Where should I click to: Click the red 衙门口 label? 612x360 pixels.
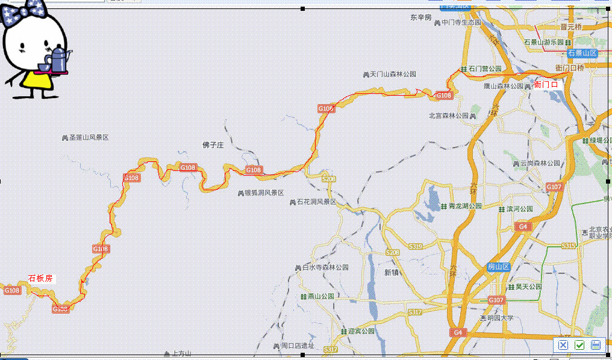(x=546, y=85)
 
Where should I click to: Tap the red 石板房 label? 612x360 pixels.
(x=41, y=278)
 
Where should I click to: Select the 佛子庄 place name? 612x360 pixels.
(x=213, y=145)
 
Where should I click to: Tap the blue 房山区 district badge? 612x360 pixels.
(x=499, y=266)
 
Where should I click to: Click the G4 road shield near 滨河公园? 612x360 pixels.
(x=523, y=226)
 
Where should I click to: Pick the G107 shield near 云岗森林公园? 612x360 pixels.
(x=554, y=187)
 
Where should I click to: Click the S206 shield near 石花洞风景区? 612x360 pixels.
(x=328, y=179)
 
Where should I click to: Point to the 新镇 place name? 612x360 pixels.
(x=392, y=272)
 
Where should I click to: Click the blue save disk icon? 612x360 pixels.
(x=596, y=345)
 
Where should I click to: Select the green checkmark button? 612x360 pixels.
(x=579, y=345)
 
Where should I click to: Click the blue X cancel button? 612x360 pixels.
(x=563, y=345)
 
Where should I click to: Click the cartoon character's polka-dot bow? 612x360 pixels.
(x=21, y=13)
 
